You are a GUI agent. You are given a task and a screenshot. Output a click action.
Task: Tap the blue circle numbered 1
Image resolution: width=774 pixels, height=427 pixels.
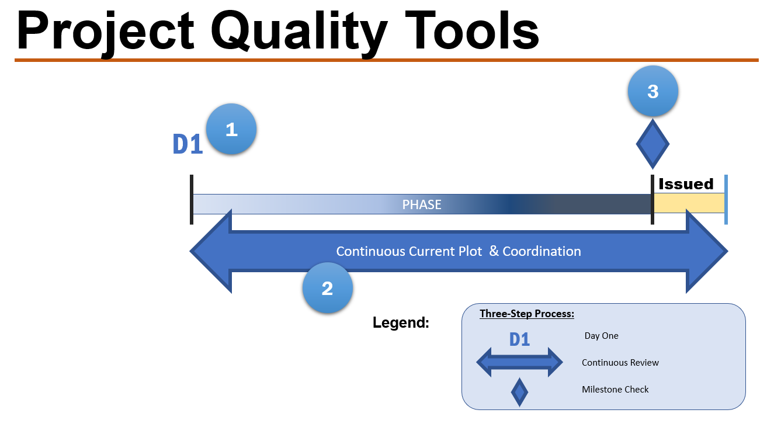point(231,129)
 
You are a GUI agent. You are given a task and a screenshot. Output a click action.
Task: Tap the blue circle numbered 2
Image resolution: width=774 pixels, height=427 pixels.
point(327,288)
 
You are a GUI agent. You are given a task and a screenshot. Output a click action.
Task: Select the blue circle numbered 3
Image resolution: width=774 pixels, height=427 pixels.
point(652,92)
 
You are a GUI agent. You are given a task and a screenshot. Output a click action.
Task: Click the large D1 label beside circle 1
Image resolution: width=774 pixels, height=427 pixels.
point(188,144)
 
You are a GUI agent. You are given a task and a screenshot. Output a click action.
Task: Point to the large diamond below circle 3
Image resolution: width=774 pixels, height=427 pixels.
point(652,144)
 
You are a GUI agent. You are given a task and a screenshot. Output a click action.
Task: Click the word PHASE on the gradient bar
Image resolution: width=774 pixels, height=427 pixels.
point(422,204)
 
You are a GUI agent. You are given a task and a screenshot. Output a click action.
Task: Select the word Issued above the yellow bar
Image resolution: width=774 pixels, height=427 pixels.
point(686,184)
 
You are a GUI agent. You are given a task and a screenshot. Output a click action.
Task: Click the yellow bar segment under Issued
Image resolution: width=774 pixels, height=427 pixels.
point(689,204)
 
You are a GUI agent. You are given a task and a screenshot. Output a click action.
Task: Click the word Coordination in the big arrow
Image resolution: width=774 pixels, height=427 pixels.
point(542,252)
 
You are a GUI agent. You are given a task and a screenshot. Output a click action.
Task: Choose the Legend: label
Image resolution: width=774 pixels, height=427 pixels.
point(401,322)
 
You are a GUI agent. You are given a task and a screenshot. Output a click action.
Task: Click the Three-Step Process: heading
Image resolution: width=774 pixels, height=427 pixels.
point(526,314)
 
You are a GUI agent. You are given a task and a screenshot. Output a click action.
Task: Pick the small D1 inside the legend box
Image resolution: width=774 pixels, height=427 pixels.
point(519,339)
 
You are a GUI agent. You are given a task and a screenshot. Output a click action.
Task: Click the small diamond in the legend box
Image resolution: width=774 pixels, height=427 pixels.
point(519,392)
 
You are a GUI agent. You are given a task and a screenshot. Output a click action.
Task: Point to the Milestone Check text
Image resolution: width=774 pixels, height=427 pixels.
point(615,390)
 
